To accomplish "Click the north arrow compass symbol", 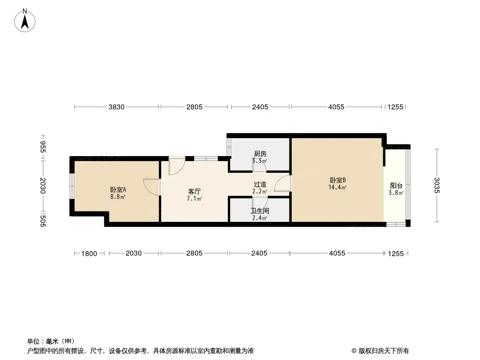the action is click(x=25, y=21).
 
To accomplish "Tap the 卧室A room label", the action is click(x=118, y=190).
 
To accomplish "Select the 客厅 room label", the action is click(x=195, y=192).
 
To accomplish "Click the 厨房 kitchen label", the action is click(x=260, y=154).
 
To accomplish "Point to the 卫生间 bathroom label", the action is click(x=260, y=211).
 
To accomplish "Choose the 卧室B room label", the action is click(x=338, y=180).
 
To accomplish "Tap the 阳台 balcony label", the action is click(x=396, y=186).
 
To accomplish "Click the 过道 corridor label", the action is click(x=260, y=184).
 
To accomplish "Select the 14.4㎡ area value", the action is click(x=337, y=188).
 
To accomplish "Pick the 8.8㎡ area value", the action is click(x=118, y=197).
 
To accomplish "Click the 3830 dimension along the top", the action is click(x=117, y=107).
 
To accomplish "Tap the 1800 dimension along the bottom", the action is click(x=89, y=253).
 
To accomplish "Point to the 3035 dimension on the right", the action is click(x=437, y=185).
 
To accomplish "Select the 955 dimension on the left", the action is click(x=43, y=147).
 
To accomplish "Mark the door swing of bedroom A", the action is click(x=152, y=187).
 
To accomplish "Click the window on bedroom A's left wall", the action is click(x=72, y=186).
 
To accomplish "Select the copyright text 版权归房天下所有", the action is click(x=384, y=351).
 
